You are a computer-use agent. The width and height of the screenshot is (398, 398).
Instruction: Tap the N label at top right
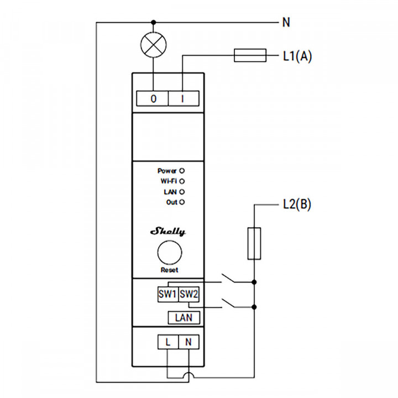(x=286, y=23)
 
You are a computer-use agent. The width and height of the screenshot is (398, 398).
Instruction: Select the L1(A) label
(x=297, y=56)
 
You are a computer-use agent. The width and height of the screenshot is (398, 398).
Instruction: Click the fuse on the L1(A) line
(x=250, y=55)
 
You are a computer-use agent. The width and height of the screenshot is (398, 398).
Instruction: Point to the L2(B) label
(x=294, y=205)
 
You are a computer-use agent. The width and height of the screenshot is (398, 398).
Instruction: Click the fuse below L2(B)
(x=254, y=242)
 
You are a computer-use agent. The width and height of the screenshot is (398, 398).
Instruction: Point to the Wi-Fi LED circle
(x=181, y=181)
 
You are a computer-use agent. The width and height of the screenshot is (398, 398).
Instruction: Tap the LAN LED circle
(x=181, y=191)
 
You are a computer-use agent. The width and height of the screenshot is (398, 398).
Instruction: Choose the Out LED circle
(x=181, y=202)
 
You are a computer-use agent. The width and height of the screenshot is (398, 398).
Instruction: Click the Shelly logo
(x=168, y=232)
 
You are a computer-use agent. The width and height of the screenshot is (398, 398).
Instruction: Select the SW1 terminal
(x=167, y=294)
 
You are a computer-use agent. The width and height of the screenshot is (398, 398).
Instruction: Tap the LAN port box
(x=184, y=318)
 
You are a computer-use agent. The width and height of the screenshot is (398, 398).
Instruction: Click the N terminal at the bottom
(x=188, y=342)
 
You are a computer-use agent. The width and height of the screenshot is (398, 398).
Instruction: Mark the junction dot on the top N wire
(x=153, y=22)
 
